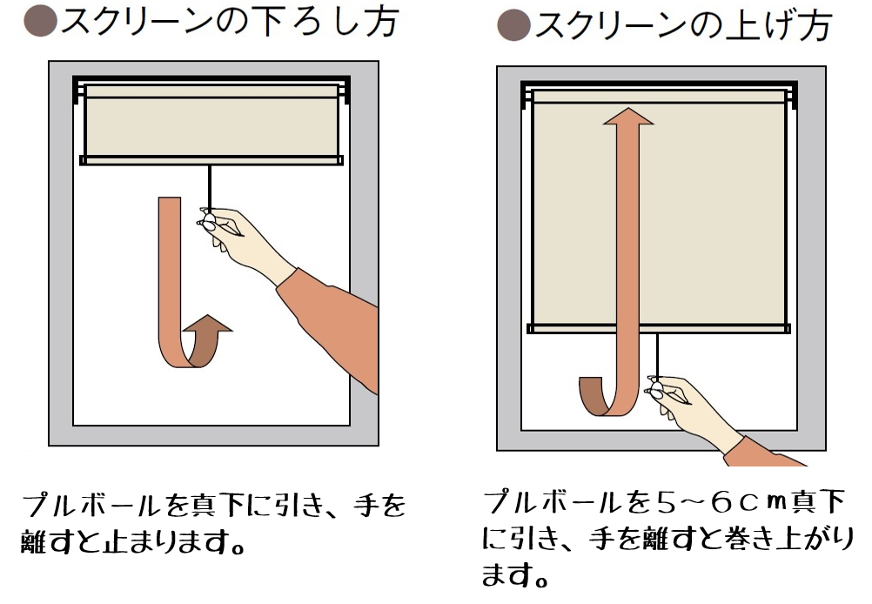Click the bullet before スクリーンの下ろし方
tap(41, 21)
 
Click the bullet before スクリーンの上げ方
tap(513, 25)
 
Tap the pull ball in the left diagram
tap(210, 223)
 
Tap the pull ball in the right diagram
tap(657, 387)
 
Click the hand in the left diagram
tap(245, 239)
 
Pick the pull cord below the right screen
tap(658, 357)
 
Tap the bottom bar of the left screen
tap(211, 161)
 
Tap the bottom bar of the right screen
tap(659, 329)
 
